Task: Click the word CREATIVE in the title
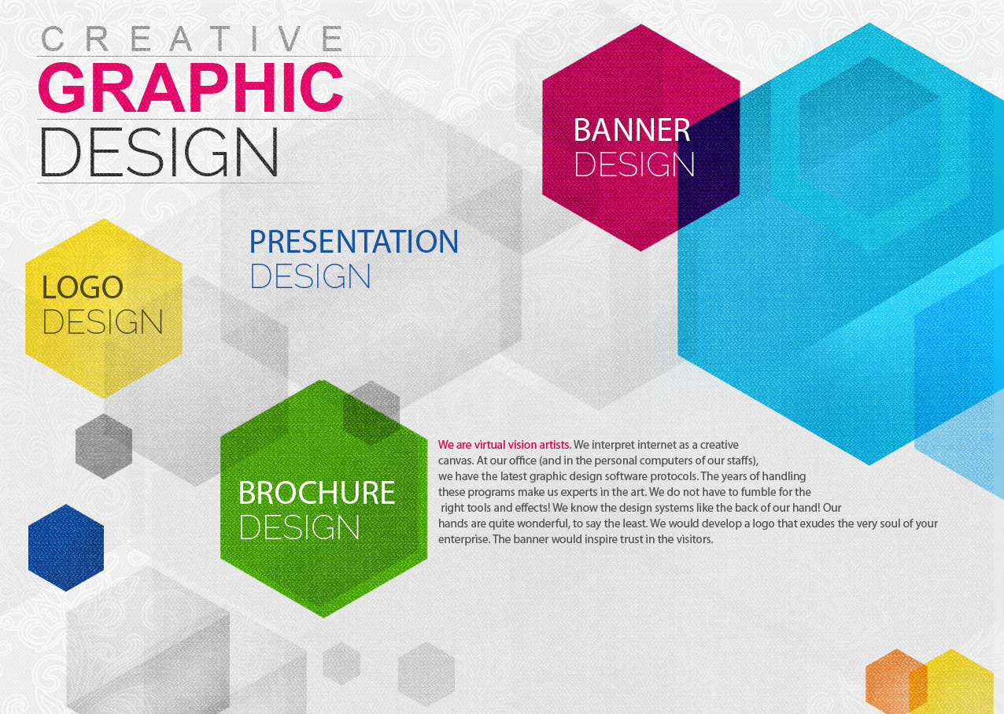[192, 39]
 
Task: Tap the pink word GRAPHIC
[191, 87]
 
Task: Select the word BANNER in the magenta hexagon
[632, 131]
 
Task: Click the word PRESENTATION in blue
[353, 242]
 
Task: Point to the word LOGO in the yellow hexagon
[83, 287]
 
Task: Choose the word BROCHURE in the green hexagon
[316, 493]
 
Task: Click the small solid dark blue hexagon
[66, 548]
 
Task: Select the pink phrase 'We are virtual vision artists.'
[504, 445]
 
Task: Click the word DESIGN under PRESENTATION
[310, 276]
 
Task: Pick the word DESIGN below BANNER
[634, 165]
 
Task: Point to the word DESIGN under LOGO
[102, 321]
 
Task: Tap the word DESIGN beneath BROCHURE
[299, 527]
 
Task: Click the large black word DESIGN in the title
[159, 152]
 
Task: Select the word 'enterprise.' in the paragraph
[463, 539]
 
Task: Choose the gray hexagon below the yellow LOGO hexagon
[104, 446]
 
